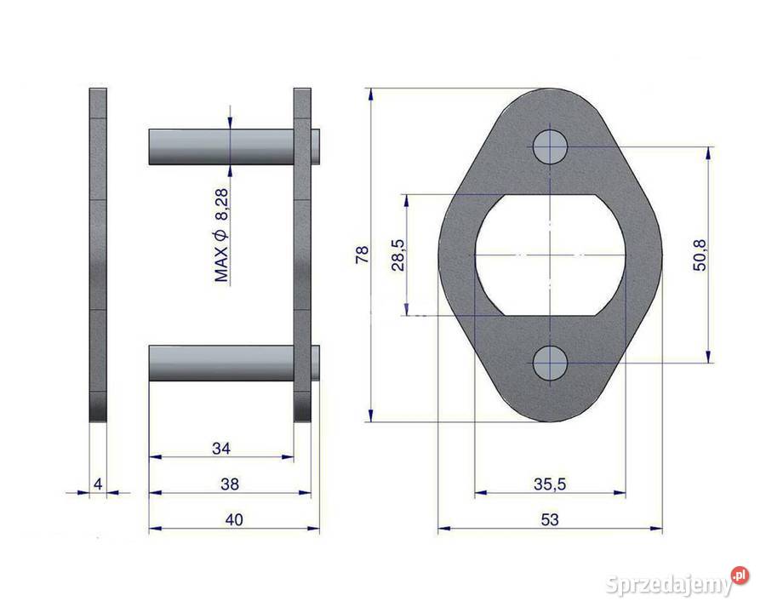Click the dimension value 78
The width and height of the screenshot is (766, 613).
(x=363, y=255)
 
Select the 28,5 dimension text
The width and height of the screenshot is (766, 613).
(x=398, y=255)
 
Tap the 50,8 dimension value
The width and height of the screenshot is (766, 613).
(x=700, y=255)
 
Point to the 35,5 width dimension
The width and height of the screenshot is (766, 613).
(x=550, y=484)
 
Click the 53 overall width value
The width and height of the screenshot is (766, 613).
(x=550, y=519)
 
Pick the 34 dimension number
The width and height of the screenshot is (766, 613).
(x=221, y=449)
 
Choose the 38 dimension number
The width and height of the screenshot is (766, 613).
(x=230, y=484)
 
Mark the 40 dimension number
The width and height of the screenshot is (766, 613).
(x=234, y=519)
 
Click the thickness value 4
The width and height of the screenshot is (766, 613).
(x=98, y=484)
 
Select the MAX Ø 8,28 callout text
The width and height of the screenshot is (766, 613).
(x=221, y=235)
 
